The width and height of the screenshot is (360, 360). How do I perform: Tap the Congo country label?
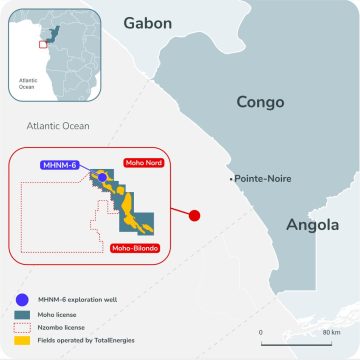[x=261, y=102]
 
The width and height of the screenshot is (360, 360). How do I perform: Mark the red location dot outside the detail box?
[x=195, y=214]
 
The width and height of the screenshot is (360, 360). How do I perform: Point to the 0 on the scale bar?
[x=260, y=332]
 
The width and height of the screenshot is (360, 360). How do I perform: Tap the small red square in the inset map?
[x=41, y=44]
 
